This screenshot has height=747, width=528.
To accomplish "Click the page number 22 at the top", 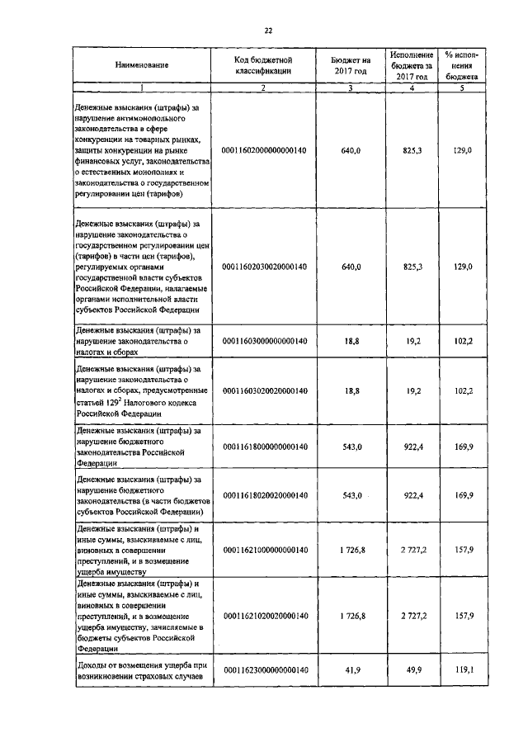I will coord(267,31).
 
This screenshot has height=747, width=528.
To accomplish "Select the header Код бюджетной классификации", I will coord(264,65).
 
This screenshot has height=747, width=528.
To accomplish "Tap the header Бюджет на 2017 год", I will coord(351,65).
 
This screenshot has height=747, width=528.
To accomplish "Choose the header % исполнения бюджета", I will coord(462,65).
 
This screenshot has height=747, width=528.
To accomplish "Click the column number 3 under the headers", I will coord(351,87).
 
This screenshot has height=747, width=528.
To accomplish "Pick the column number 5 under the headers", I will coord(462,87).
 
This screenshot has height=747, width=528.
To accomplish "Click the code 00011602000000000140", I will coord(264,151).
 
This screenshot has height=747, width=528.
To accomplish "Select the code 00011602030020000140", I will coord(264,267).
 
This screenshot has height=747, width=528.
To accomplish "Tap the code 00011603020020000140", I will coord(264,390).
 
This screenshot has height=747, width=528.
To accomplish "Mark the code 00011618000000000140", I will coord(264,447).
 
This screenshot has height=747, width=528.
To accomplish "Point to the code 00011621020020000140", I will coord(264,616).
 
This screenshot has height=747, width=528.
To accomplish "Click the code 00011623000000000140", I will coord(264,671).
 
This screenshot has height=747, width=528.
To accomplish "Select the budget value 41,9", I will coord(351,671).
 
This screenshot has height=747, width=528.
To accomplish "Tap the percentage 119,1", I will coord(462,671).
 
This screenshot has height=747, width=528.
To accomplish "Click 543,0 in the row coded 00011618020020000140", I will coord(351,494).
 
